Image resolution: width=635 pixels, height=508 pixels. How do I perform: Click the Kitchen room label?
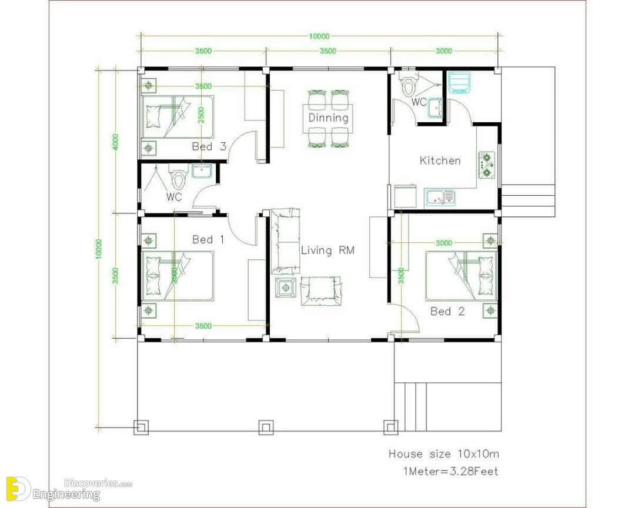click(x=440, y=161)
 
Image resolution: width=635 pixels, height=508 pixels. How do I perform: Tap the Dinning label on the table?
click(x=329, y=118)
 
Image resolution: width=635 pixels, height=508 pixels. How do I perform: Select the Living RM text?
click(x=327, y=250)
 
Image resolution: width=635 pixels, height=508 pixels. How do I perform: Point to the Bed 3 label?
click(x=209, y=146)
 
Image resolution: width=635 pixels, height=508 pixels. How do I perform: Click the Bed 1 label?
click(x=208, y=239)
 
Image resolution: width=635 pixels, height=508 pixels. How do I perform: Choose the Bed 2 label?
click(x=447, y=311)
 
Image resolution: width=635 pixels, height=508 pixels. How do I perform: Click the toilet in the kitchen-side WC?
click(x=408, y=84)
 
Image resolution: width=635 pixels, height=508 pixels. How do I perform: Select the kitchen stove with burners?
click(x=486, y=165)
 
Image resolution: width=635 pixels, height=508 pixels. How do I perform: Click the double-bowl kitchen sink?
click(x=440, y=198)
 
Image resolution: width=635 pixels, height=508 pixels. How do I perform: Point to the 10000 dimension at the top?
click(x=319, y=36)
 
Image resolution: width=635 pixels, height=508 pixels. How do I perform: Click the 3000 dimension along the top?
click(x=444, y=51)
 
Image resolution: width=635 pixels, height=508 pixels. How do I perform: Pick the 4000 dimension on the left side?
click(x=116, y=142)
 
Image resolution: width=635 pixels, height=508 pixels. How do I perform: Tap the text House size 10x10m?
click(x=444, y=454)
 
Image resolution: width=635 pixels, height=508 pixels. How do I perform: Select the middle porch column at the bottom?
click(x=266, y=427)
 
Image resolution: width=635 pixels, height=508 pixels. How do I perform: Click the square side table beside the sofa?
click(x=286, y=288)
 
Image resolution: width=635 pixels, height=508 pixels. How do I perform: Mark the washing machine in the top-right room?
click(x=460, y=83)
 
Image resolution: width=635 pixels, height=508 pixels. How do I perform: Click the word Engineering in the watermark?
click(x=66, y=494)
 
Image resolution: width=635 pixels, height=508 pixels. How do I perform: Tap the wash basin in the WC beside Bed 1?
click(x=201, y=171)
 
